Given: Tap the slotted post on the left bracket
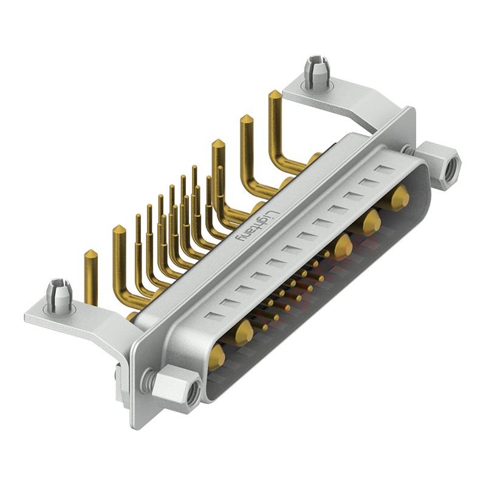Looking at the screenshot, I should point(59,295).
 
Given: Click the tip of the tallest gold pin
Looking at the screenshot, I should point(275,95).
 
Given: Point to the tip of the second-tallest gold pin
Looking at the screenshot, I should point(247,118).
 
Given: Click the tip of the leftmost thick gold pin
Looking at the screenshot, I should point(90,254).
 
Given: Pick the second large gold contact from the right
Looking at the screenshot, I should point(372,221).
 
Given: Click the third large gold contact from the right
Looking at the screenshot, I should point(343,245).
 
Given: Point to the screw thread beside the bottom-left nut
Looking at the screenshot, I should point(146,380).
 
